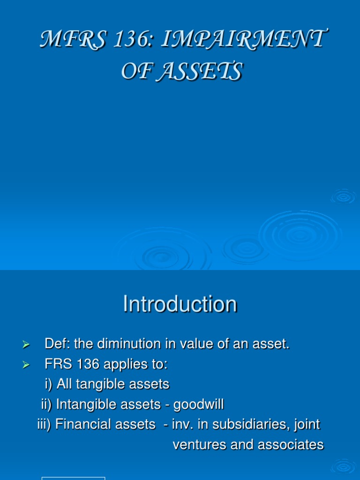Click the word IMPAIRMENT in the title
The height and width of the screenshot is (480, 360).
click(244, 39)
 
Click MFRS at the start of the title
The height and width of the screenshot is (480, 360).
click(74, 39)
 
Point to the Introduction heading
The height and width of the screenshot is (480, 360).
click(180, 304)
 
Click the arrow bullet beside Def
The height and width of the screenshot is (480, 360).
click(26, 345)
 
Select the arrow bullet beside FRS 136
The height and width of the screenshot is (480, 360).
click(26, 365)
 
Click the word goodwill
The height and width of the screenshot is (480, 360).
click(199, 405)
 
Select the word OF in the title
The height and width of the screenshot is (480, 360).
click(137, 71)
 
